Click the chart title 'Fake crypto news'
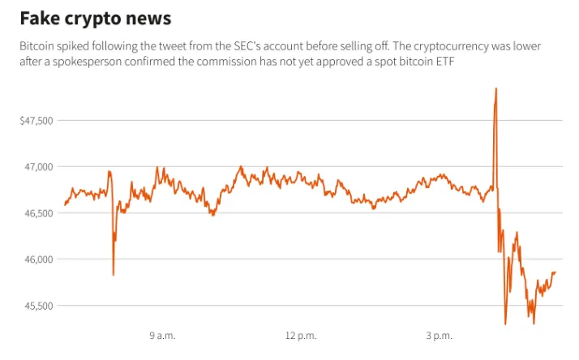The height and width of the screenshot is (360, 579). click(96, 19)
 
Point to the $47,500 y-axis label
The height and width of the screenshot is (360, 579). click(36, 121)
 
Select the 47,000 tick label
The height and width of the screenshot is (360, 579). click(39, 167)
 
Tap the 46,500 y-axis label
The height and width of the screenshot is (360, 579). click(39, 213)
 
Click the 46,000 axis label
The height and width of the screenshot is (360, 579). click(39, 259)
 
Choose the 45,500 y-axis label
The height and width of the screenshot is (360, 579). click(39, 306)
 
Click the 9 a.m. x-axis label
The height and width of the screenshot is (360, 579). click(162, 336)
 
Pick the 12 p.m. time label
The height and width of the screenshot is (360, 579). click(301, 336)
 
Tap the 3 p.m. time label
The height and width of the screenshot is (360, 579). click(439, 336)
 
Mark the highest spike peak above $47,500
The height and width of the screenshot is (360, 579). click(496, 88)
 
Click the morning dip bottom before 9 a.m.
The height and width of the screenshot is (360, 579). click(114, 274)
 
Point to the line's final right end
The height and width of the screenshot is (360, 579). click(555, 273)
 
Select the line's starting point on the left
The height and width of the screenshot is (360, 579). click(65, 204)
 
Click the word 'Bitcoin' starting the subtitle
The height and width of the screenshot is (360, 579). click(37, 46)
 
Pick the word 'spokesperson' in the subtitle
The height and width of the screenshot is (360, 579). click(87, 62)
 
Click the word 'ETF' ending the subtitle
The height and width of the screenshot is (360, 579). click(445, 62)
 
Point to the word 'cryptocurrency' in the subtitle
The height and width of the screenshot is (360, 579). click(451, 46)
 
